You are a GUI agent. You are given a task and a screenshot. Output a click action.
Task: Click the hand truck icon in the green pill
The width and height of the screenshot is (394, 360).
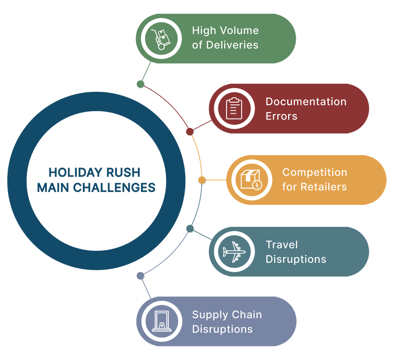[x=161, y=38]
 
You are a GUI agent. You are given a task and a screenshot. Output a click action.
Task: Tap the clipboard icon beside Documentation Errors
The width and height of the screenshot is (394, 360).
[x=233, y=108]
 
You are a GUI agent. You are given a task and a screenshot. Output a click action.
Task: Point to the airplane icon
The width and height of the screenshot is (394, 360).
[x=234, y=251]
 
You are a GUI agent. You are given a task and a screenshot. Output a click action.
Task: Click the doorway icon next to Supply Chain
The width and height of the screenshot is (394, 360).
[x=161, y=321]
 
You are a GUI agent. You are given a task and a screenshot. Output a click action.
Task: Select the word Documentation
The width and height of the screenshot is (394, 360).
[x=306, y=101]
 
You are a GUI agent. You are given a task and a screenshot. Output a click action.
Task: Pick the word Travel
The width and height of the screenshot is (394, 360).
[x=282, y=244]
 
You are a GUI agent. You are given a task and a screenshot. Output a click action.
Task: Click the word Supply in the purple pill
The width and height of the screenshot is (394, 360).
[x=209, y=315]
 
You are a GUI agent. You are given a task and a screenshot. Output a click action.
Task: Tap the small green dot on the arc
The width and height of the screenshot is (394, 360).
[x=140, y=84]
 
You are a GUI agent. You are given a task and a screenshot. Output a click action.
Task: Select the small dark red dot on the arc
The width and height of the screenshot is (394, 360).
[x=190, y=132]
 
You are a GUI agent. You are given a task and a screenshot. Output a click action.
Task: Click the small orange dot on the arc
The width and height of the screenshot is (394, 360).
[x=202, y=180]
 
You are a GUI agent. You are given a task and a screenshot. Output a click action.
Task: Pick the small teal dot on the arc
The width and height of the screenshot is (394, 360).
[x=190, y=229]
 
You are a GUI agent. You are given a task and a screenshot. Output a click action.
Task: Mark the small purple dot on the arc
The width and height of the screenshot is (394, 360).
[x=140, y=276]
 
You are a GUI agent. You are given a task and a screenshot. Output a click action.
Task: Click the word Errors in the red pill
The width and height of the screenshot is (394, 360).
[x=281, y=116]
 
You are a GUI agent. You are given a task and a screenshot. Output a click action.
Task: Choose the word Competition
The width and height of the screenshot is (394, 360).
[x=314, y=172]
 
